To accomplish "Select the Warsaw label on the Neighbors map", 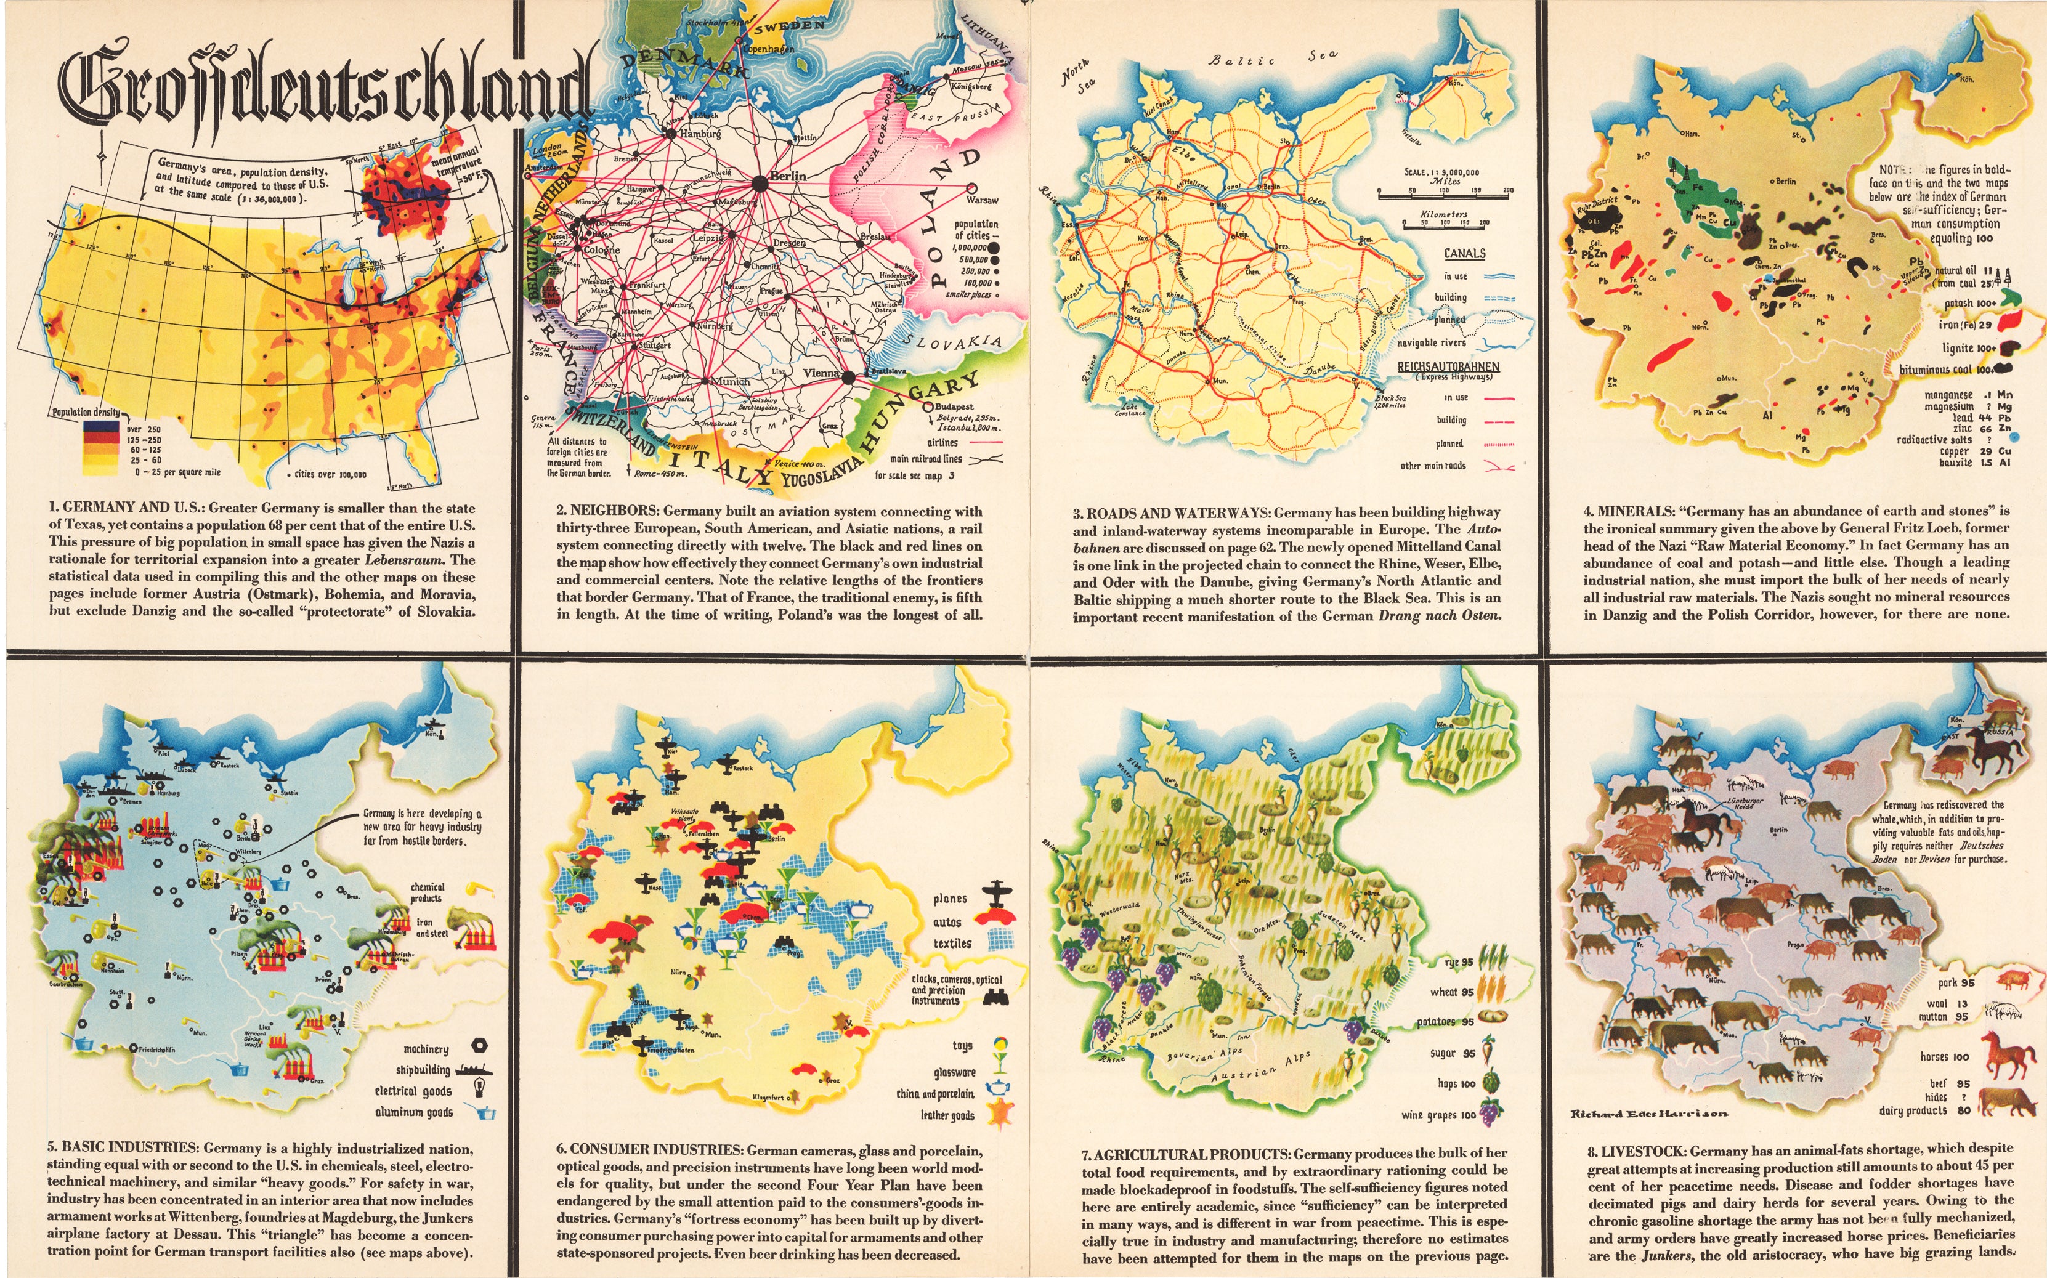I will coord(982,200).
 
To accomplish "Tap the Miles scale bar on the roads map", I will coord(1445,195).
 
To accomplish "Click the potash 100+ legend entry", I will coord(1970,302).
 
